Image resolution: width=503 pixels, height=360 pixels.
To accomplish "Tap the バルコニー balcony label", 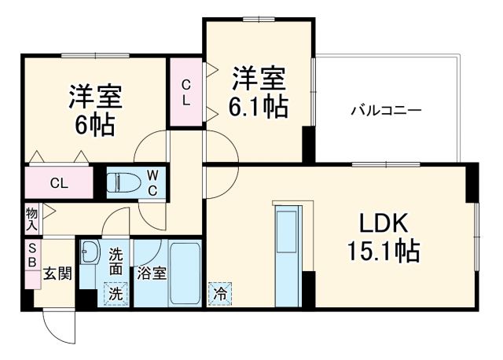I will click(x=386, y=111).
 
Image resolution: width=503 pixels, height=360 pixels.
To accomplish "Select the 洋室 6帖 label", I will click(x=95, y=110).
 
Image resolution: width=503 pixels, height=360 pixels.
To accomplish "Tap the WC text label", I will click(x=153, y=182).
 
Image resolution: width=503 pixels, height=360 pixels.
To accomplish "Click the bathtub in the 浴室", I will click(x=185, y=275).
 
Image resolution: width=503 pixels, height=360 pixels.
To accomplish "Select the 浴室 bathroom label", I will click(x=151, y=274).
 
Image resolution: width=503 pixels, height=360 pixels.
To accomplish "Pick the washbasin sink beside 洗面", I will click(x=90, y=253).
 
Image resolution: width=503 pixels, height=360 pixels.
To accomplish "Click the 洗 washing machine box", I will click(x=115, y=295).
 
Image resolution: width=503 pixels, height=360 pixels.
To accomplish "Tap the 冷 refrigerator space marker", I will click(x=219, y=295).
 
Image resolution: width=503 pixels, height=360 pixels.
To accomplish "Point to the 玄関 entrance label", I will click(x=57, y=274).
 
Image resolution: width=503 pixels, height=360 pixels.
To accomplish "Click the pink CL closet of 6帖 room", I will click(x=59, y=184).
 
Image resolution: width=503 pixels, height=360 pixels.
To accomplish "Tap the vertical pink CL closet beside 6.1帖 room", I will click(x=186, y=93).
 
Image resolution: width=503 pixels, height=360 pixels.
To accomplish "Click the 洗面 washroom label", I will click(x=115, y=261).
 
